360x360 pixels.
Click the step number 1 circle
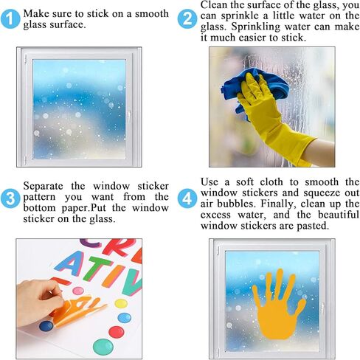10,21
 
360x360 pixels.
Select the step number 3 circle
10,198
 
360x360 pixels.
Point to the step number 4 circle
188,198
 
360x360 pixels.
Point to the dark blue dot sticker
46,326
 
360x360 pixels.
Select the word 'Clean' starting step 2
215,4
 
